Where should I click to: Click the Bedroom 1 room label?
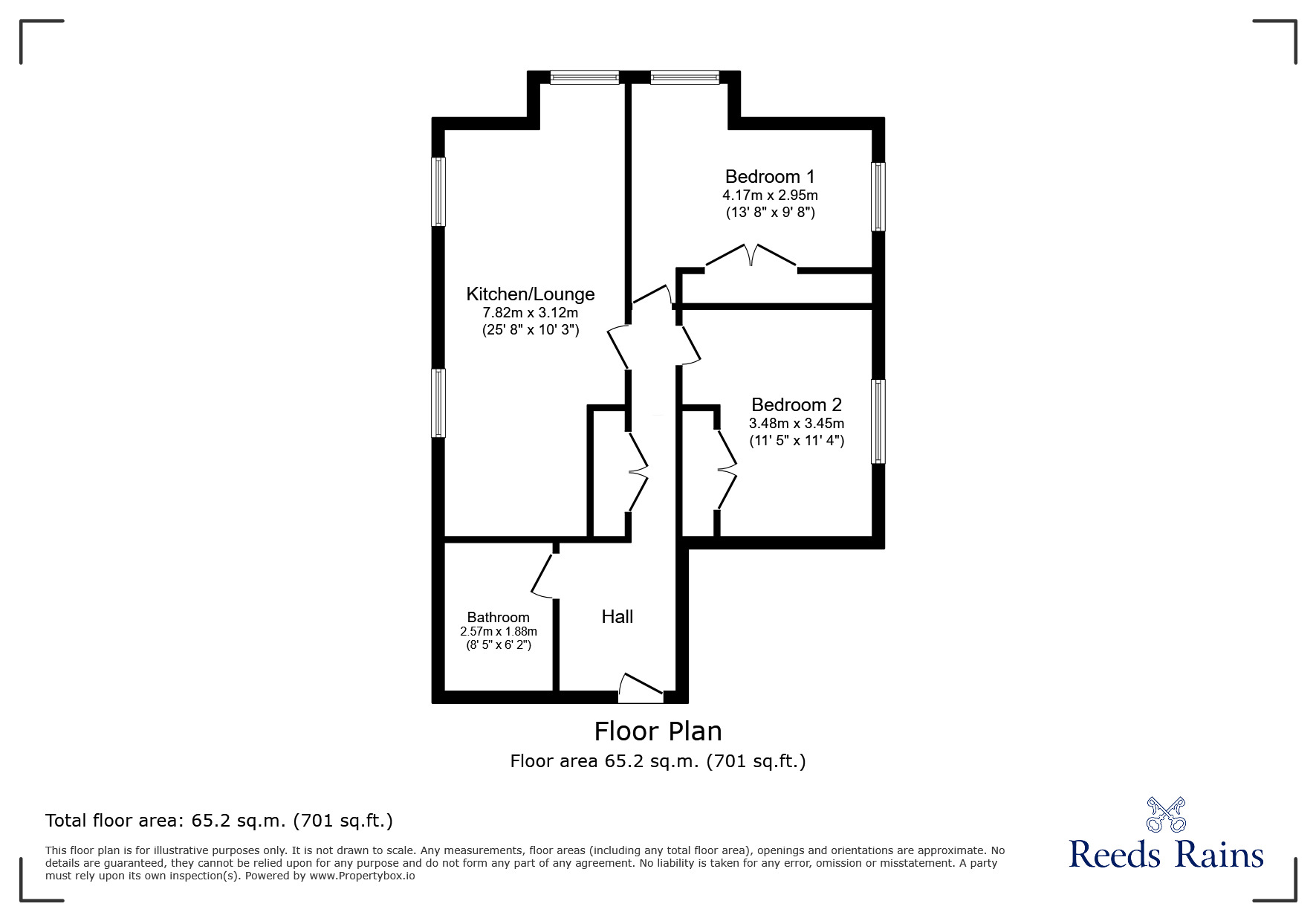tap(770, 177)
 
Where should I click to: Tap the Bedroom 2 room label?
tap(797, 405)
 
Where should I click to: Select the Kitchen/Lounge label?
tap(531, 294)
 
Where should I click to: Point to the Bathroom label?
tap(499, 617)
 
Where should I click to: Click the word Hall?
tap(618, 616)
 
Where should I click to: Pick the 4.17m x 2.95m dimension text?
tap(770, 195)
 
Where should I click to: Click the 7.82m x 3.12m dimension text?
tap(531, 313)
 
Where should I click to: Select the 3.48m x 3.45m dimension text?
tap(797, 424)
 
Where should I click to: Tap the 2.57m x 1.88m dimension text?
tap(499, 632)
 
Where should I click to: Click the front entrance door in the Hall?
tap(641, 688)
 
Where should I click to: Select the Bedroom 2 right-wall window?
tap(878, 421)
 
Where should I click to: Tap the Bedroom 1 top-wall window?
tap(685, 77)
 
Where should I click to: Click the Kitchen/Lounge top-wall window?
tap(585, 77)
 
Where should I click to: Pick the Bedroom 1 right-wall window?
tap(878, 197)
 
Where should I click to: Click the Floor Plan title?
tap(658, 731)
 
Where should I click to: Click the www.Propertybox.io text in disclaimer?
tap(363, 876)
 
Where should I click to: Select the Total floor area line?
tap(219, 821)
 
